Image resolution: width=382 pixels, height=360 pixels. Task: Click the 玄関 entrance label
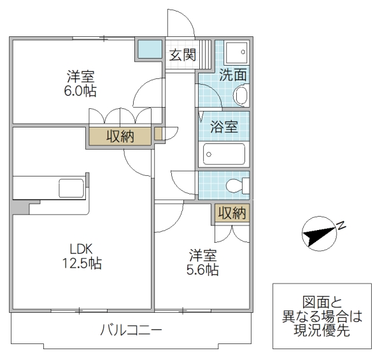(x=181, y=55)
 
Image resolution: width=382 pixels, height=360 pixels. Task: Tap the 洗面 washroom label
(x=233, y=75)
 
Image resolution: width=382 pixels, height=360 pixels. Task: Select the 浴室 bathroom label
(x=223, y=126)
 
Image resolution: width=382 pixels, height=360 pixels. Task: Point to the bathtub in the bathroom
(x=224, y=154)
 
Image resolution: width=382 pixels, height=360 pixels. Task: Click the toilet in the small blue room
(x=239, y=185)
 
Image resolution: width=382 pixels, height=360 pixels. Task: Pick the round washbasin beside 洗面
(x=240, y=96)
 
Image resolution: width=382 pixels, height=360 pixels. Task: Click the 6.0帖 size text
(x=81, y=91)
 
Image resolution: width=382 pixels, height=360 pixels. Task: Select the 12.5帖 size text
(x=81, y=263)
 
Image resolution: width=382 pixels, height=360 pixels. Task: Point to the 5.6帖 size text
(x=202, y=270)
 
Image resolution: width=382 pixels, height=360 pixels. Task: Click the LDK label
(x=81, y=248)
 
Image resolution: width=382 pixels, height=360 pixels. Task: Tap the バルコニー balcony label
(x=131, y=331)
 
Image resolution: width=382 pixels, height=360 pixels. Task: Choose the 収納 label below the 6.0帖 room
(x=120, y=136)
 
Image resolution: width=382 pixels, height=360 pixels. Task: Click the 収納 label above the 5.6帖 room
(x=230, y=213)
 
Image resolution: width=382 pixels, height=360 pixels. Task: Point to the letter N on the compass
(x=341, y=224)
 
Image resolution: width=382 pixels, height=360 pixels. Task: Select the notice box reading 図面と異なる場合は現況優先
(x=322, y=316)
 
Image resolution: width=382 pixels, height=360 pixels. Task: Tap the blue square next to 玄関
(x=150, y=48)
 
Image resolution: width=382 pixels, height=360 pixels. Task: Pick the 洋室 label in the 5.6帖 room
(x=202, y=256)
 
